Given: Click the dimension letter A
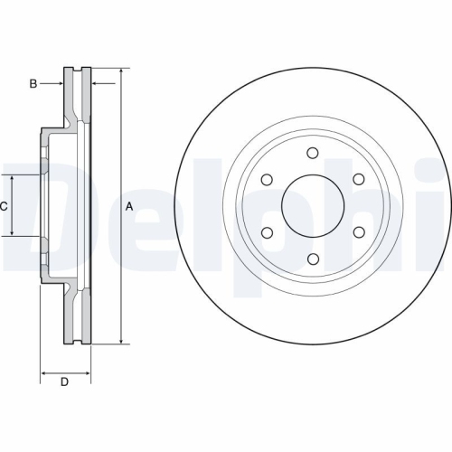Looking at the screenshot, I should [129, 206].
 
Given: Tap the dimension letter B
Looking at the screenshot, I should [33, 84].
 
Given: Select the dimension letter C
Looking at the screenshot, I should [5, 206].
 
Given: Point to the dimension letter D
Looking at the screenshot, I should [64, 382].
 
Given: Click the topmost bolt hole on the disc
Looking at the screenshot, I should [313, 154].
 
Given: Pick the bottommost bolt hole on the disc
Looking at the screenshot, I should [313, 259].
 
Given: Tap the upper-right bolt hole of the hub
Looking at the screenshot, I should [358, 180].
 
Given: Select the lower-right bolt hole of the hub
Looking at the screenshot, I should [358, 232].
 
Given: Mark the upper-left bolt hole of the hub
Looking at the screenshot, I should [268, 180].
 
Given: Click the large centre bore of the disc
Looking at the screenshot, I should [313, 206].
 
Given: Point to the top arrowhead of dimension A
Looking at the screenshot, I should [120, 71].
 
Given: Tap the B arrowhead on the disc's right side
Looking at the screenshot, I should [96, 84].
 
